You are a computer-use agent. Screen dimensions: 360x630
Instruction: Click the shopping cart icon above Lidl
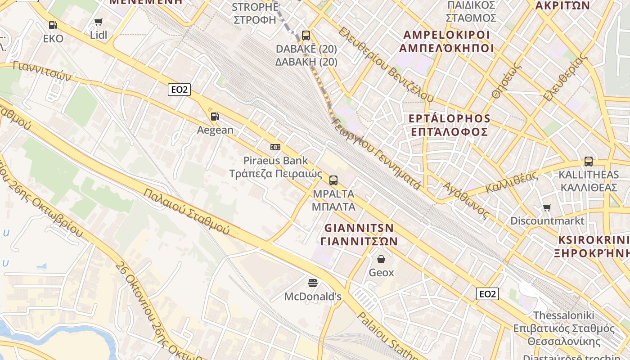click(99, 22)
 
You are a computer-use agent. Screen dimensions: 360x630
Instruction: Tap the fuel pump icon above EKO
click(53, 25)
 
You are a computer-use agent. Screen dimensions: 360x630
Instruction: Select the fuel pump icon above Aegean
click(215, 117)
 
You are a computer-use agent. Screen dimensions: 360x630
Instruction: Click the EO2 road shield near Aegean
click(179, 90)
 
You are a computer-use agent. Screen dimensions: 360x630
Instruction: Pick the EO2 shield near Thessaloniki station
click(487, 294)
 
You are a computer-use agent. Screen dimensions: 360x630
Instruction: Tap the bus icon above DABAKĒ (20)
click(306, 35)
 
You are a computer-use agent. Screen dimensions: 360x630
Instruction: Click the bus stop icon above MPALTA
click(333, 180)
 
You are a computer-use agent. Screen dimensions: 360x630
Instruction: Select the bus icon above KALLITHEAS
click(588, 161)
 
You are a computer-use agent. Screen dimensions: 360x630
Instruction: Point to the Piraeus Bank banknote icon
click(275, 147)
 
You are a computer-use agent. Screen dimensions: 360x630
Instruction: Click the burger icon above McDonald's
click(313, 283)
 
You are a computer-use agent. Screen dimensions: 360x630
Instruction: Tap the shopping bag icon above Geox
click(381, 259)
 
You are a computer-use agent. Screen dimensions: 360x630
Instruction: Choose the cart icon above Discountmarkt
click(547, 207)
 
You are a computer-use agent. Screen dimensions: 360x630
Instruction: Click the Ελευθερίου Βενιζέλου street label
click(386, 64)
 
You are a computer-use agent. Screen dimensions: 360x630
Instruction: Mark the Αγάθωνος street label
click(465, 200)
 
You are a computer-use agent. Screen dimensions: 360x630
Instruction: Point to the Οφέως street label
click(507, 80)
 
